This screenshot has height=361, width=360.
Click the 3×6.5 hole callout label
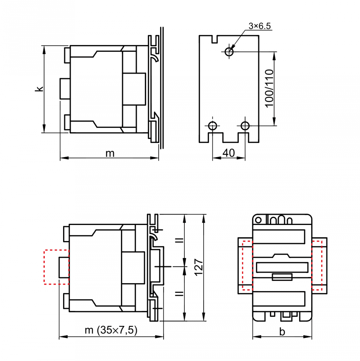tap(259, 26)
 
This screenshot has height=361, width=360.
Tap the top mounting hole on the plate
tap(229, 52)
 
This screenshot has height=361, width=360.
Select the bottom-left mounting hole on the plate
tap(212, 126)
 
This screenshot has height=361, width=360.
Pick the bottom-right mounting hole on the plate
tap(245, 126)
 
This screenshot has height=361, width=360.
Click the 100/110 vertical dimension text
tap(269, 89)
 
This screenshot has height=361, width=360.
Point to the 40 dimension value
tap(229, 153)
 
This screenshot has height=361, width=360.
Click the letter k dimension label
tap(39, 89)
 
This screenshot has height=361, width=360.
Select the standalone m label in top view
tap(110, 153)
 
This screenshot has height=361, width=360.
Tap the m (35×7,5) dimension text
tap(111, 330)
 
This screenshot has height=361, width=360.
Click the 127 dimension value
tap(199, 267)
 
